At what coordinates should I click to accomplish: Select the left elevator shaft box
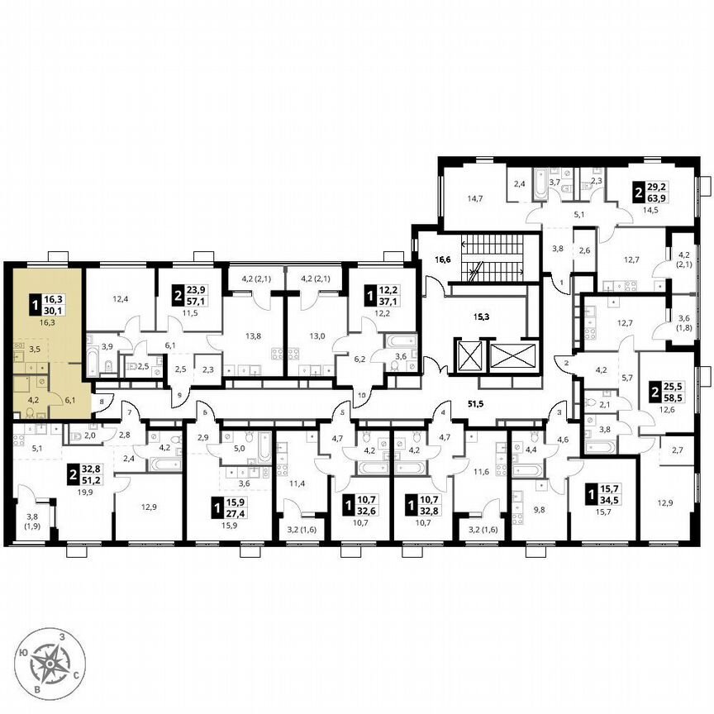pos(469,356)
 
